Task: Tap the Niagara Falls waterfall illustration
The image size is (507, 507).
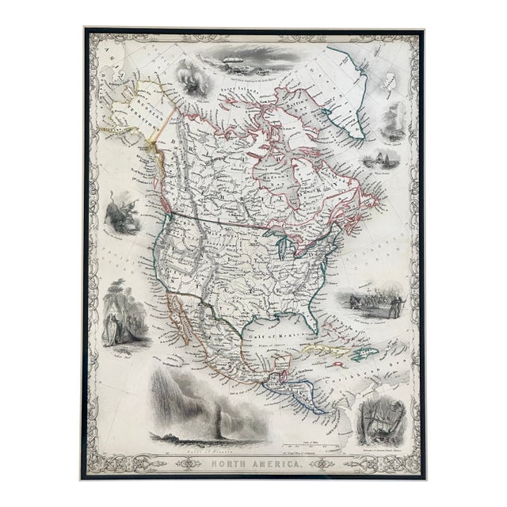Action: click(x=190, y=404)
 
